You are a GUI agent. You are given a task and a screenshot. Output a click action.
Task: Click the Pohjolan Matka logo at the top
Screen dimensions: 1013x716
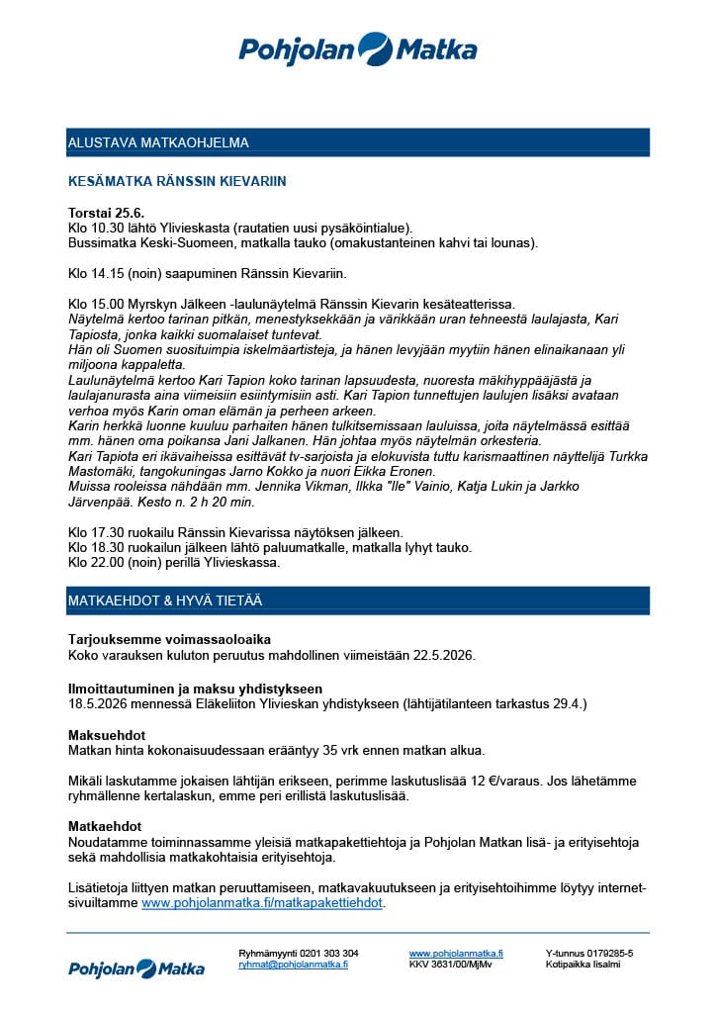click(357, 48)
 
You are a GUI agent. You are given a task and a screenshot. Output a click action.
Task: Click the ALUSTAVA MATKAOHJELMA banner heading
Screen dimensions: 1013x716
click(158, 142)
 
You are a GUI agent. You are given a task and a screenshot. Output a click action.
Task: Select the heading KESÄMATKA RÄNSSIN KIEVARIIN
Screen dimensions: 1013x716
click(177, 182)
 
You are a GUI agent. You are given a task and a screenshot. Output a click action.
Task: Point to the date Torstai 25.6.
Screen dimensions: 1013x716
click(106, 213)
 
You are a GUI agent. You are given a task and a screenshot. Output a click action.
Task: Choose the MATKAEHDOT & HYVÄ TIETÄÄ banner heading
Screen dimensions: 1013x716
click(165, 600)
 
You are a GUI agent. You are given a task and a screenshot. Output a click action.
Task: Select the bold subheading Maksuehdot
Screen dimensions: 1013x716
click(107, 736)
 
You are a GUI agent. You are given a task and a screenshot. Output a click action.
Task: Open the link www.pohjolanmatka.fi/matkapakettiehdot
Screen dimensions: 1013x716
click(262, 903)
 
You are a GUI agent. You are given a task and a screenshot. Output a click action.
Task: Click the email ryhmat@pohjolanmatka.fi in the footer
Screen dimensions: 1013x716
click(293, 965)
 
